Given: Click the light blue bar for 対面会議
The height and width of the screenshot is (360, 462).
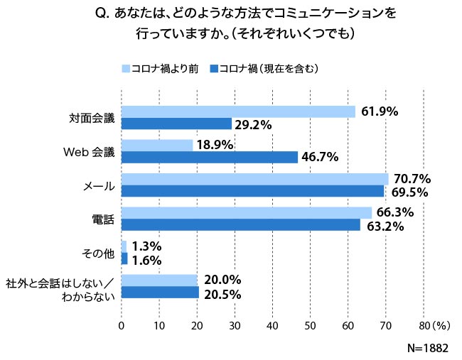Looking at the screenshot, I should pyautogui.click(x=238, y=111).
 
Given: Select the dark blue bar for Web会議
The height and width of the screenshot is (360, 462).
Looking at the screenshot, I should pyautogui.click(x=210, y=157).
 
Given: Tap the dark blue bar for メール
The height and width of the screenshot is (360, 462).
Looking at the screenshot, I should pyautogui.click(x=252, y=191).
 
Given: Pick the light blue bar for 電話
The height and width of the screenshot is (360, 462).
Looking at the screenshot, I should pyautogui.click(x=247, y=213).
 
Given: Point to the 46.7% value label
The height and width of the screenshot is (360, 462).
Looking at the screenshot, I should pyautogui.click(x=321, y=158).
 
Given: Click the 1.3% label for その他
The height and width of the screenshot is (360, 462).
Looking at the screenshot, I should pyautogui.click(x=147, y=246).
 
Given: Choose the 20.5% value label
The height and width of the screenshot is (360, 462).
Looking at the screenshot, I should pyautogui.click(x=222, y=294).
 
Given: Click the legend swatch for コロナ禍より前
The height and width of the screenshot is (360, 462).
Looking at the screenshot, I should pyautogui.click(x=126, y=69).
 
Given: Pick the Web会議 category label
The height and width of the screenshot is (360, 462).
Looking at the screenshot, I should pyautogui.click(x=88, y=151).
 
